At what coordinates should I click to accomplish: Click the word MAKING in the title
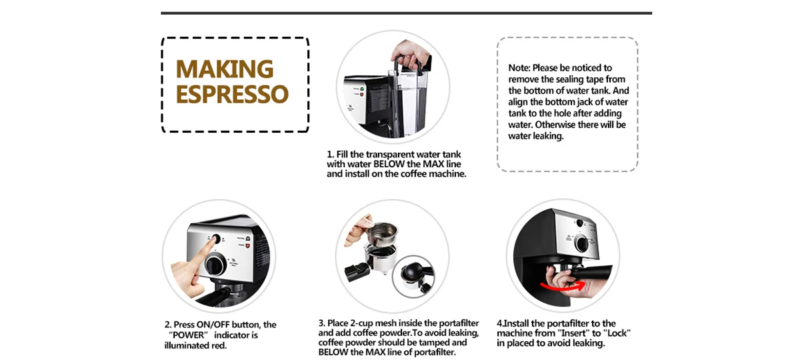[x=225, y=69]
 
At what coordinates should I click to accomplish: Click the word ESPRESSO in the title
[x=232, y=94]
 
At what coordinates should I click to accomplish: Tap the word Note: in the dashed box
[x=519, y=68]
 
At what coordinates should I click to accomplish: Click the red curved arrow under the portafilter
[x=563, y=286]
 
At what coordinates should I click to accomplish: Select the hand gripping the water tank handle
[x=407, y=52]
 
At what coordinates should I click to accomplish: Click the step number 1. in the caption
[x=330, y=155]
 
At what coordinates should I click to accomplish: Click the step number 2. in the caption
[x=169, y=325]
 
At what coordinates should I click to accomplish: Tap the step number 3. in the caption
[x=322, y=323]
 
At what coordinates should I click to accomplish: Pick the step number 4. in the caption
[x=500, y=323]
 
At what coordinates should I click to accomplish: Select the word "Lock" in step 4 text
[x=617, y=333]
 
